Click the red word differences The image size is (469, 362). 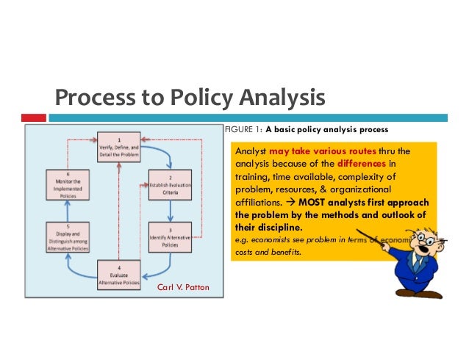pos(360,163)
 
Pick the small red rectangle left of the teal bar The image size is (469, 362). pos(33,117)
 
